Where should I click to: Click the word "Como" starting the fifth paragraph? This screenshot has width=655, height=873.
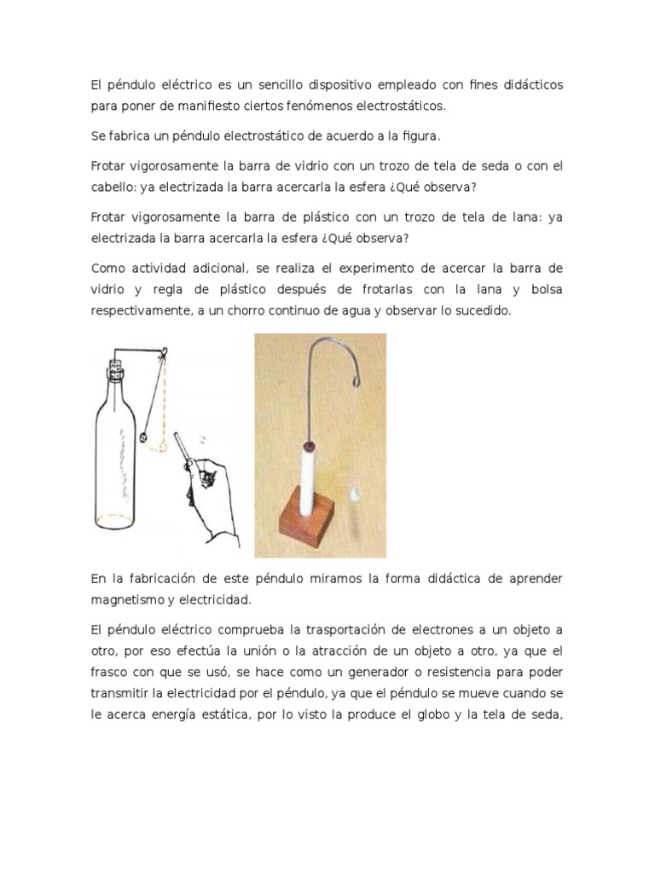tap(107, 269)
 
